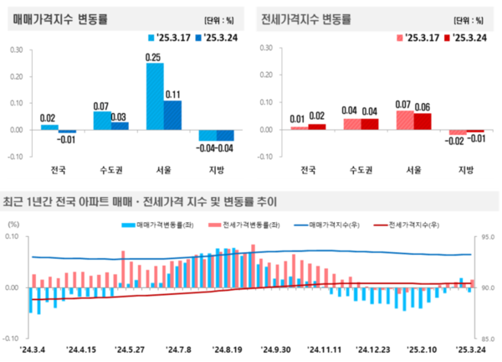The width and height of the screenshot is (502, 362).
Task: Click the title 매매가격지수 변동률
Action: (53, 18)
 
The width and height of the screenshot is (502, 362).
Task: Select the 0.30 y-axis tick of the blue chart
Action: (16, 49)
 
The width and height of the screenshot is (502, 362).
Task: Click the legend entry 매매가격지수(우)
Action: (325, 225)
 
